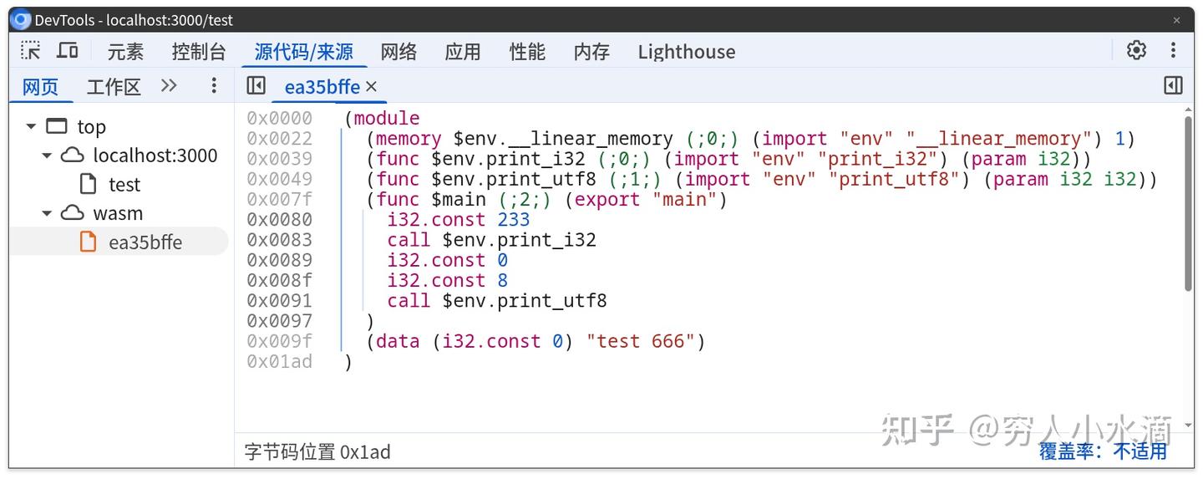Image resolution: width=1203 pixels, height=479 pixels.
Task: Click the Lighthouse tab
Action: (686, 52)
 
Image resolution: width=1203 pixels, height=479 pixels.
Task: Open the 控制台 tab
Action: (199, 52)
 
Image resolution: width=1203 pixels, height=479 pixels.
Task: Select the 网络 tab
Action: (398, 52)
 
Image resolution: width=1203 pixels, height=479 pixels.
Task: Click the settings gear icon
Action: (1136, 50)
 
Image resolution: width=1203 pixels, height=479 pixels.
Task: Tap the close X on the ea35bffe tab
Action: (372, 86)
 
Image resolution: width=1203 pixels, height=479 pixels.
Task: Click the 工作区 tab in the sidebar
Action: (114, 86)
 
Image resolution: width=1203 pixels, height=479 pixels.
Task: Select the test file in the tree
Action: (124, 184)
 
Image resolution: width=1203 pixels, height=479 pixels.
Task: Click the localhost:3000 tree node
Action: (155, 155)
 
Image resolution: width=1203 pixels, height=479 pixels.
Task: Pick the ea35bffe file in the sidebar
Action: (145, 242)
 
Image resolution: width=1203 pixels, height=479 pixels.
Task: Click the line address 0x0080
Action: (279, 220)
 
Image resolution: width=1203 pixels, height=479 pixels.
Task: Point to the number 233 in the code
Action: (513, 220)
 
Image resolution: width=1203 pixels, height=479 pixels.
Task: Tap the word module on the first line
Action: (387, 119)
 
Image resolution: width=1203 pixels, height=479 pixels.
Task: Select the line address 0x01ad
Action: (279, 361)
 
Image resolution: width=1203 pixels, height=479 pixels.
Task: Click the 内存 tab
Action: (591, 52)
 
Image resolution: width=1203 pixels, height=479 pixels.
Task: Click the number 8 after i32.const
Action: (502, 281)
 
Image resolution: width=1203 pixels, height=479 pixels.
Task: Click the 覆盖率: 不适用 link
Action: (1103, 451)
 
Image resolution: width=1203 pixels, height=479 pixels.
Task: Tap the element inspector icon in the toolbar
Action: (31, 51)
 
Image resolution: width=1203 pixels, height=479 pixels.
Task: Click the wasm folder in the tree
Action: (118, 213)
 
